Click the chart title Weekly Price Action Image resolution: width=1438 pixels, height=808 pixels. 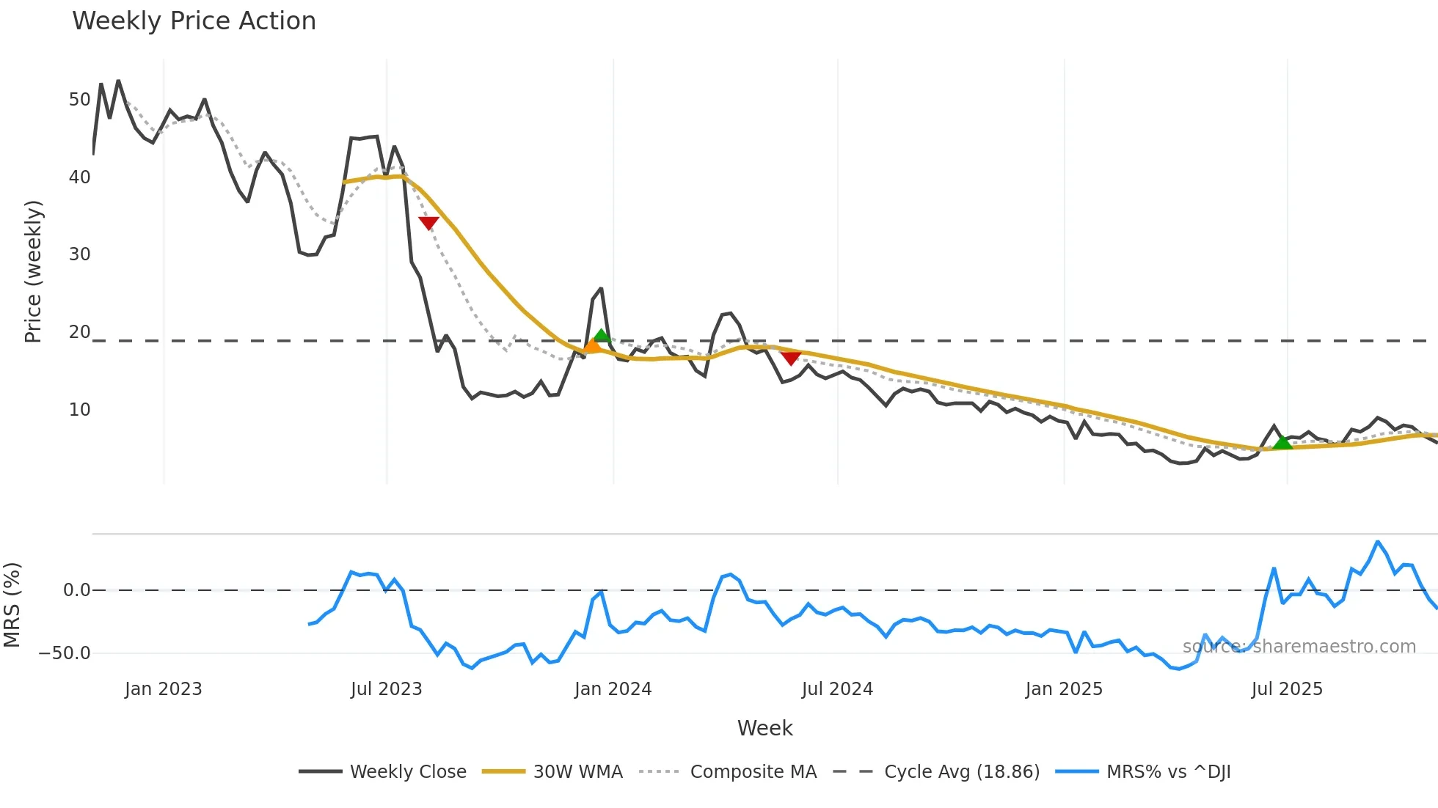pyautogui.click(x=194, y=21)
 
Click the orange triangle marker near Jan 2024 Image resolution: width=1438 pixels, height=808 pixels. pyautogui.click(x=591, y=345)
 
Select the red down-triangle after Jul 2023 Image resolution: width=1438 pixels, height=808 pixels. pyautogui.click(x=428, y=223)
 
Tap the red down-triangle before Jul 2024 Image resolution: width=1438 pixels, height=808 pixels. pyautogui.click(x=790, y=358)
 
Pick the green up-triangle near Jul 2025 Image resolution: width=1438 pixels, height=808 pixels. pyautogui.click(x=1282, y=442)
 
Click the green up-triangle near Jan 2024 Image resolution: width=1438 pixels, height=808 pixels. pyautogui.click(x=602, y=336)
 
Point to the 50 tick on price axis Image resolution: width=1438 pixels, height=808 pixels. pyautogui.click(x=79, y=100)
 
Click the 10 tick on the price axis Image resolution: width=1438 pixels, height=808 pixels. pyautogui.click(x=79, y=410)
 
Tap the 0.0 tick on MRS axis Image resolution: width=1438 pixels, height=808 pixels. pyautogui.click(x=76, y=590)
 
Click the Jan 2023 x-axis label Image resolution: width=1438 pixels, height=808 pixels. pyautogui.click(x=163, y=689)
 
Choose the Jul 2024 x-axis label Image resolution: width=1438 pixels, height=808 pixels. pyautogui.click(x=837, y=689)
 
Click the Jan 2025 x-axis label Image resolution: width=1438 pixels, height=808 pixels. pyautogui.click(x=1064, y=689)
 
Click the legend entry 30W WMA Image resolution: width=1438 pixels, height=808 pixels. pyautogui.click(x=577, y=772)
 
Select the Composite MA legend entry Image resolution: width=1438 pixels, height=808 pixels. pyautogui.click(x=753, y=772)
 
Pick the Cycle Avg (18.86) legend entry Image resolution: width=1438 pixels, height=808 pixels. pyautogui.click(x=961, y=772)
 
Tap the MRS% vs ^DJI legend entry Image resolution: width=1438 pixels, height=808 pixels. pyautogui.click(x=1168, y=772)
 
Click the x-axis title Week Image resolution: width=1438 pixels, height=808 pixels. pyautogui.click(x=764, y=728)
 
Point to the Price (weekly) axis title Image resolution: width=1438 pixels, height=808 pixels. pyautogui.click(x=34, y=271)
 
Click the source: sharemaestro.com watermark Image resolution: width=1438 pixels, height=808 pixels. pyautogui.click(x=1299, y=647)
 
